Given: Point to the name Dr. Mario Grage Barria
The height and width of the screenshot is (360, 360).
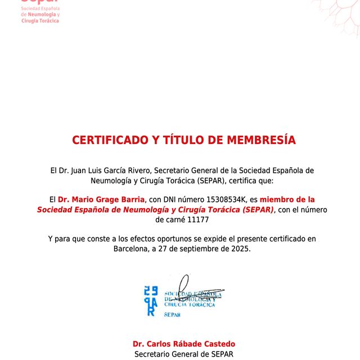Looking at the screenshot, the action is pos(101,200).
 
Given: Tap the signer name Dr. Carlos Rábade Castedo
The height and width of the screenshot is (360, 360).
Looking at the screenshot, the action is pos(184,344).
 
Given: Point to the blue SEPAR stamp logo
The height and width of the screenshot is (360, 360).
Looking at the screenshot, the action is pos(150,301).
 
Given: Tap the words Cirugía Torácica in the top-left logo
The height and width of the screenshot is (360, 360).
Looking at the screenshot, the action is pos(40,21).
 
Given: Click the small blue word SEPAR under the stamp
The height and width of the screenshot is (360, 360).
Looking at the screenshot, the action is pos(172,316).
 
